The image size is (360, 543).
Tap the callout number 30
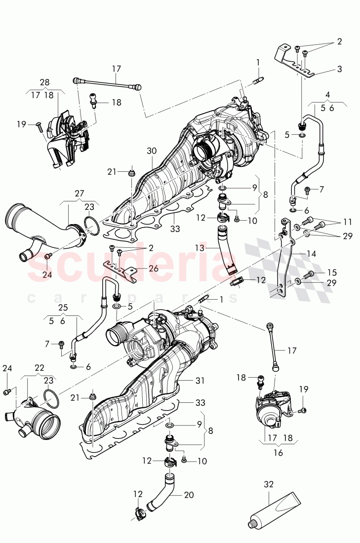coord(152,151)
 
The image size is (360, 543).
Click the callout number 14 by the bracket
coord(311,254)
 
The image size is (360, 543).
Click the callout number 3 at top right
coord(339,69)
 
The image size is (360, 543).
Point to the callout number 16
coord(278,452)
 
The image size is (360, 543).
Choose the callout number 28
coord(44,81)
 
